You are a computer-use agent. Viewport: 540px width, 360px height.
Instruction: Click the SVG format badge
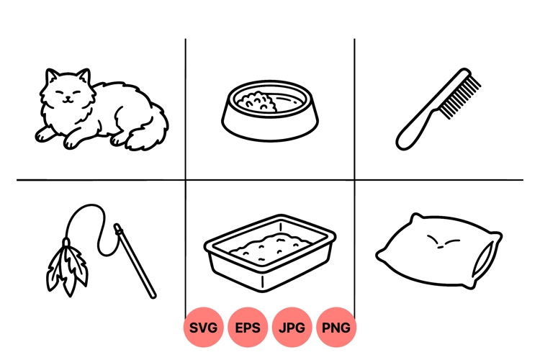[x=203, y=328]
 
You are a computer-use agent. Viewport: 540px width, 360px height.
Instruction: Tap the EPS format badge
[x=248, y=328]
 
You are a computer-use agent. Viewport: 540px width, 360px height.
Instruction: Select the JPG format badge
[x=292, y=328]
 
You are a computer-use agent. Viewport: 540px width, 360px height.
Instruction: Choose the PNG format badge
[x=336, y=328]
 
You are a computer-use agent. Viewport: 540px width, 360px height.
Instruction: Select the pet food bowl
[x=269, y=122]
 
